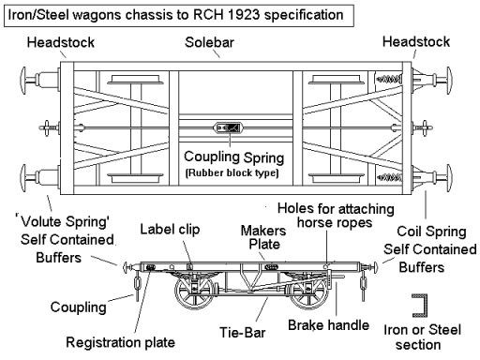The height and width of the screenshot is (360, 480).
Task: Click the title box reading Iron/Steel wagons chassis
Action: click(179, 15)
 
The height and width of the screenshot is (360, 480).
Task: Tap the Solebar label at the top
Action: click(209, 42)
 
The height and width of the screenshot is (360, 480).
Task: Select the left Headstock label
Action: click(60, 42)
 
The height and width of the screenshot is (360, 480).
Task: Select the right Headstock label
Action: click(416, 41)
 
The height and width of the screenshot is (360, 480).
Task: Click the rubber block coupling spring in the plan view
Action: click(228, 127)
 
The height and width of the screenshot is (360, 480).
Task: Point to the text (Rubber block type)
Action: click(232, 172)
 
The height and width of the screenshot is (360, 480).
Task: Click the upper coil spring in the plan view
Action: click(388, 79)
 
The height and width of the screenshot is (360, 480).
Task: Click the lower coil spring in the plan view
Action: click(388, 177)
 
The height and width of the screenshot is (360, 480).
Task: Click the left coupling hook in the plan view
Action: click(47, 127)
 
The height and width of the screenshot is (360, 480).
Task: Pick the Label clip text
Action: click(170, 230)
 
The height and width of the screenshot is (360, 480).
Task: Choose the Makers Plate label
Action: click(263, 237)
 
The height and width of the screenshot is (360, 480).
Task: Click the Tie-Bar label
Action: click(243, 333)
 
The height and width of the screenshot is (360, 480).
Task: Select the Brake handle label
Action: click(328, 325)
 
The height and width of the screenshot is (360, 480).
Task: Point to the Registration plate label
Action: click(120, 342)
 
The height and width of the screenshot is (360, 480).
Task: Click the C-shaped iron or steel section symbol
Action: click(420, 306)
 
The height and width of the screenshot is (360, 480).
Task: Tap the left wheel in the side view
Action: click(195, 292)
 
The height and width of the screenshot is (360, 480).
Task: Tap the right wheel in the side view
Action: click(308, 292)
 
